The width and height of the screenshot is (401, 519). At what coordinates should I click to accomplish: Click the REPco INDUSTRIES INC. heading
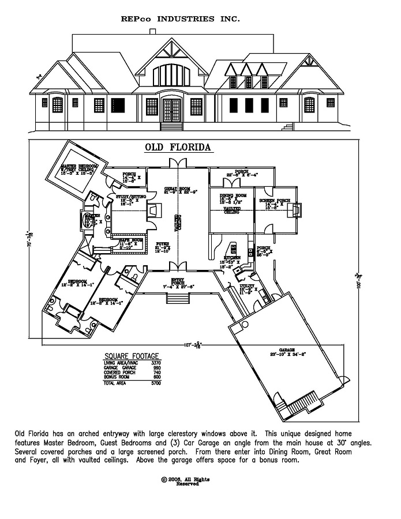point(181,19)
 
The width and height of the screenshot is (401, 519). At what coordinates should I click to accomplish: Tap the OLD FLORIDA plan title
point(178,148)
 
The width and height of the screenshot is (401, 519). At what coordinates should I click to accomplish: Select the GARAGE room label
point(287,350)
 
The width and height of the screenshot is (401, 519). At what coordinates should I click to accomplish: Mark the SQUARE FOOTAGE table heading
point(132,356)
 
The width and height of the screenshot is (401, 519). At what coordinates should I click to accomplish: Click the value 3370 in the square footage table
point(156,363)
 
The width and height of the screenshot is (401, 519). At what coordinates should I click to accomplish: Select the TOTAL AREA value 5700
point(156,383)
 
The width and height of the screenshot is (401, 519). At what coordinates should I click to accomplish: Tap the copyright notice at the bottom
point(185,482)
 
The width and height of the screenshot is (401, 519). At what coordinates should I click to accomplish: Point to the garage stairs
point(304,398)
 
